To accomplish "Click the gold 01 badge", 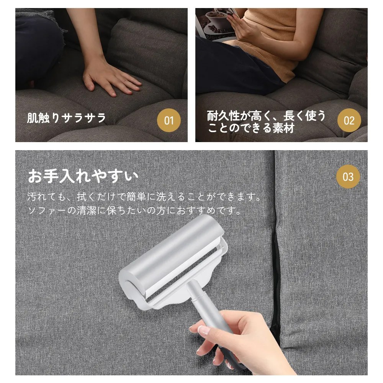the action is tap(169, 120).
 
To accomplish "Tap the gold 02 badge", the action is tap(349, 120).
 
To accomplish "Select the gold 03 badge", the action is tap(348, 177).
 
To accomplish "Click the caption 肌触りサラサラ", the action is tap(66, 118).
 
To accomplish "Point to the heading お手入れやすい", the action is tap(83, 176).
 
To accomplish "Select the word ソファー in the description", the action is tap(47, 210).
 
